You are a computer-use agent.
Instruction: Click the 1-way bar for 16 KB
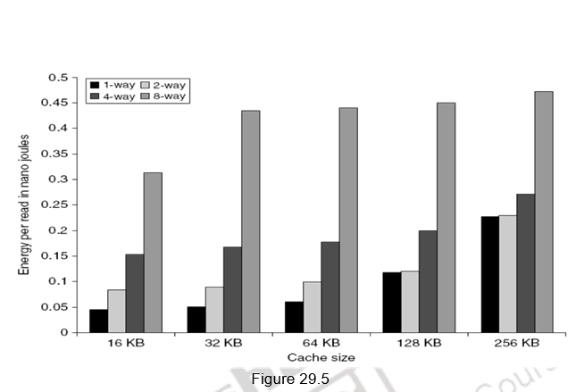tap(98, 321)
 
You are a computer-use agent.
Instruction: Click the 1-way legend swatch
tap(94, 83)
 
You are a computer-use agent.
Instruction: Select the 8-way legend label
tap(170, 96)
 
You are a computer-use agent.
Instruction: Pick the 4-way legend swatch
tap(94, 96)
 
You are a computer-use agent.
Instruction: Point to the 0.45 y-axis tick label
tap(56, 103)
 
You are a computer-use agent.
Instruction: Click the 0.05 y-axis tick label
tap(56, 307)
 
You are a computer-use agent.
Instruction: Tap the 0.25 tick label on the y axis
tap(56, 204)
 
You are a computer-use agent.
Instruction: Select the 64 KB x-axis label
tap(321, 343)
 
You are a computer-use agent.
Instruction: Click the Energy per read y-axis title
tap(24, 204)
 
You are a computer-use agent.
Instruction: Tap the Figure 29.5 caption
tap(291, 379)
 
